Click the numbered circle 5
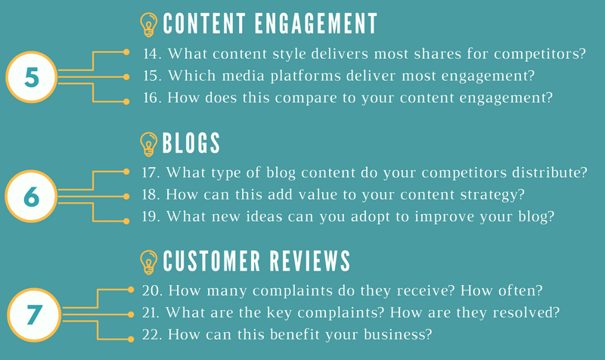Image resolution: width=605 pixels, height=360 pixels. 31,77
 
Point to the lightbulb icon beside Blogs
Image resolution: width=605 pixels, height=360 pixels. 149,144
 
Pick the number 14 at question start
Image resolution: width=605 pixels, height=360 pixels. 151,54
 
